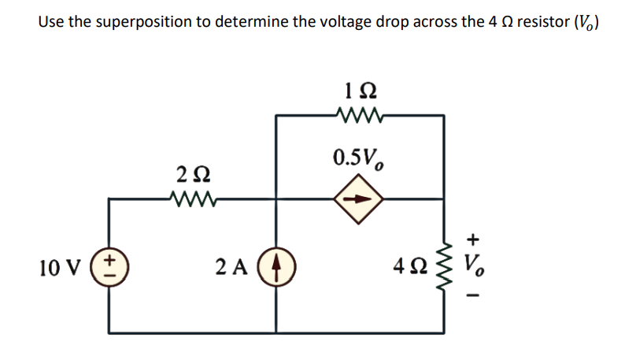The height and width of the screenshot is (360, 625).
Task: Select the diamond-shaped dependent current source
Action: pos(359,199)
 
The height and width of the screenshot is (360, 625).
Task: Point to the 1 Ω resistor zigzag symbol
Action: pos(359,115)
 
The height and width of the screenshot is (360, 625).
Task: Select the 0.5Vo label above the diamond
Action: pos(359,158)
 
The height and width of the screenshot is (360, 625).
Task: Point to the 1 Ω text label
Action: pos(360,89)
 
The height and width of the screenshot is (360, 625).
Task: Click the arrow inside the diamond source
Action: pos(359,199)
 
